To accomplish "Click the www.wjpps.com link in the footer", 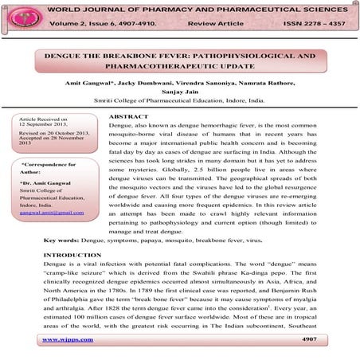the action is tap(68, 340).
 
